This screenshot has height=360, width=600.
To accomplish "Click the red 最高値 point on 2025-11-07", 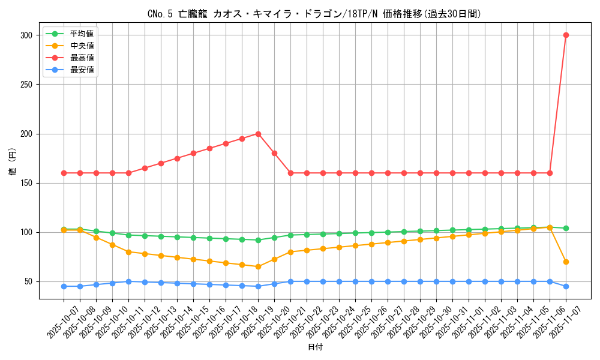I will pos(566,35).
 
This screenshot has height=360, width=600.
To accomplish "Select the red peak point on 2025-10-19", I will pos(258,134).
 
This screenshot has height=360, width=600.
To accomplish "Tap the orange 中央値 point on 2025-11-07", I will pos(566,262).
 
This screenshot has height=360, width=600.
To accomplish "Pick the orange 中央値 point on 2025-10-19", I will pos(258,266).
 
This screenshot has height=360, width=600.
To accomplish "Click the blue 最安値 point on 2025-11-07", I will pos(566,286).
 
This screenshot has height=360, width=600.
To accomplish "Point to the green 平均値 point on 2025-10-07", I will pos(64,229).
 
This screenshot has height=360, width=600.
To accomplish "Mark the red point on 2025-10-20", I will pos(274,153).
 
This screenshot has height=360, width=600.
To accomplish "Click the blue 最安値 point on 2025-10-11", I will pos(128,281).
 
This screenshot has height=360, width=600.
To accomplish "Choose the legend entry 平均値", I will pos(82,34).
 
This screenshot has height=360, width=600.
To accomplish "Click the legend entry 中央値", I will pos(82,46).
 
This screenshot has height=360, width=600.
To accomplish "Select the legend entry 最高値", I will pos(82,58).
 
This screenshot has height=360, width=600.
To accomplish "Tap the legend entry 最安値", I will pos(82,70).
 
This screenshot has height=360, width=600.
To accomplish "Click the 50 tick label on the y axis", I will pos(28,282).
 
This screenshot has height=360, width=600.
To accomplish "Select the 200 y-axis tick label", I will pos(26,134).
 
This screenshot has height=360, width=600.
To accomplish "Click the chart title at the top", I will pos(314,14).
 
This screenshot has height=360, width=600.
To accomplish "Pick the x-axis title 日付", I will pos(314,347).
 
